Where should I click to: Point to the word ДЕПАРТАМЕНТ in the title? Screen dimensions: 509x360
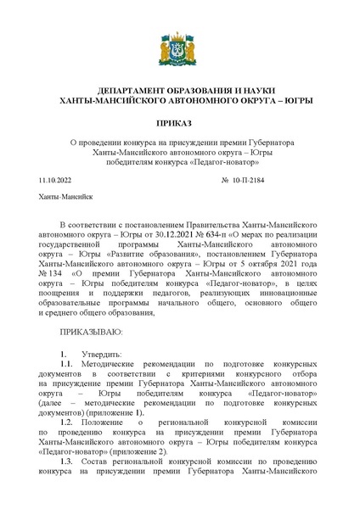pyautogui.click(x=133, y=89)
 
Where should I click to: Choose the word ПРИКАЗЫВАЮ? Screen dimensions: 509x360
pyautogui.click(x=92, y=328)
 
